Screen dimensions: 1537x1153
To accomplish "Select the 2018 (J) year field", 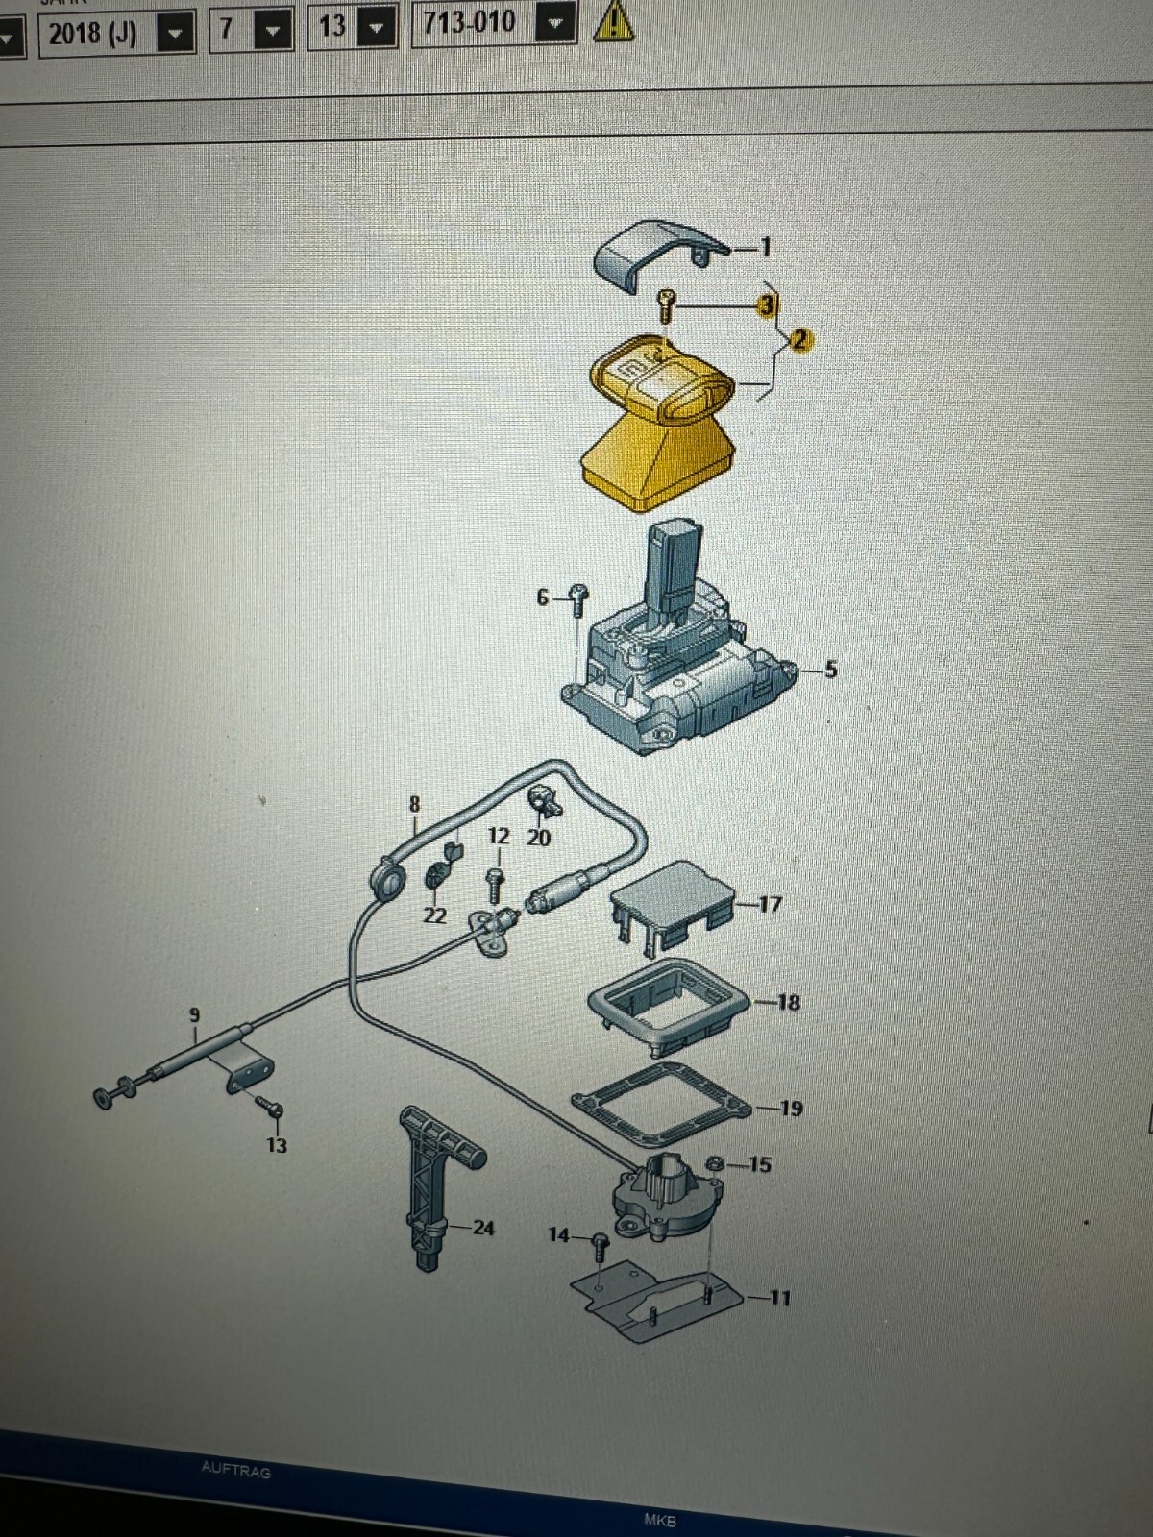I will pos(93,34).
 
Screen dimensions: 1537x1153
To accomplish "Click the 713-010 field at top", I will pos(470,21).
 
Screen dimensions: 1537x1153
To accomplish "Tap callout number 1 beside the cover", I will pos(766,247).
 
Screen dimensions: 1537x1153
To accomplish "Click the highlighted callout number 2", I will pos(799,339).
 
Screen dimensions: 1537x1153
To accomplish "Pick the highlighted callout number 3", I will pos(766,305).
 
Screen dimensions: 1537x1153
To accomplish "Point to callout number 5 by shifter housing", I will pos(830,669).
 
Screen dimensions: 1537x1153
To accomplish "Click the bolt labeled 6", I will pos(578,599).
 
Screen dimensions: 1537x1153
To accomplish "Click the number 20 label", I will pos(539,838).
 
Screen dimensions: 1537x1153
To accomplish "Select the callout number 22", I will pos(434,915).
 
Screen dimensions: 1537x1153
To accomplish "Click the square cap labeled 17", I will pos(673,903).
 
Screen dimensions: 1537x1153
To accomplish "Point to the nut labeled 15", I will pos(714,1164).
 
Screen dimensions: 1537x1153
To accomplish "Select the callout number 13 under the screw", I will pos(276,1145).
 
